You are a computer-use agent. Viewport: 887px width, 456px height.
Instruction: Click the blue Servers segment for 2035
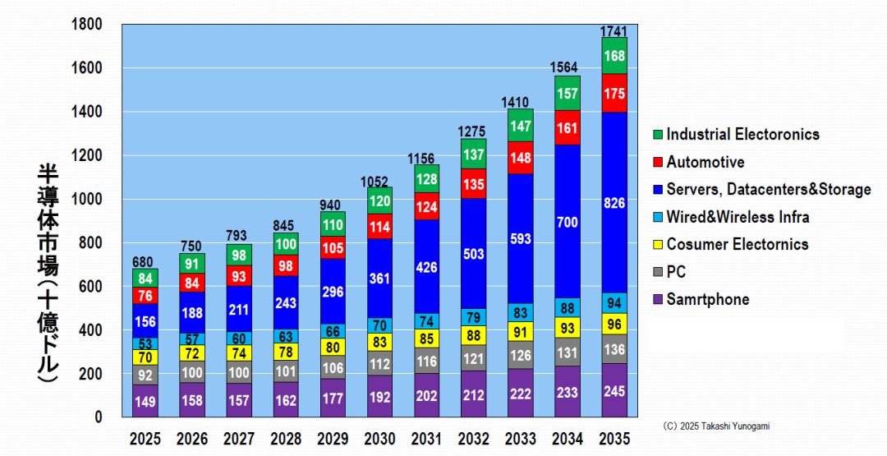point(614,202)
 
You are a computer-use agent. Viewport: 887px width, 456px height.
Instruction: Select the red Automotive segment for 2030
point(379,226)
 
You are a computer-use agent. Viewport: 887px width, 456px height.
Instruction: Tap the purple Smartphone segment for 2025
point(145,401)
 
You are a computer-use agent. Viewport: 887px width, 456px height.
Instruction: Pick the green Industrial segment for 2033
point(520,126)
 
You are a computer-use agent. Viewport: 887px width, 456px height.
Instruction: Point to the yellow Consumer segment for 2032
point(473,335)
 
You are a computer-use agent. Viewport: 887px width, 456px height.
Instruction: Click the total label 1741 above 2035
point(614,30)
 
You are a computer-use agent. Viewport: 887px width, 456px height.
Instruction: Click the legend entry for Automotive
point(705,162)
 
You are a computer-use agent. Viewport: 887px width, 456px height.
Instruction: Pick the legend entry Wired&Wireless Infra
point(738,217)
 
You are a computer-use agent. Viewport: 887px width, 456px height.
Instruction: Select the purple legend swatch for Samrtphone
point(655,300)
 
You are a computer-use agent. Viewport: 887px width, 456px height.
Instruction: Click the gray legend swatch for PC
point(655,272)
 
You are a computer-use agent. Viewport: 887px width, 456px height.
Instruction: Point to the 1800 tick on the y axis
point(87,25)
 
